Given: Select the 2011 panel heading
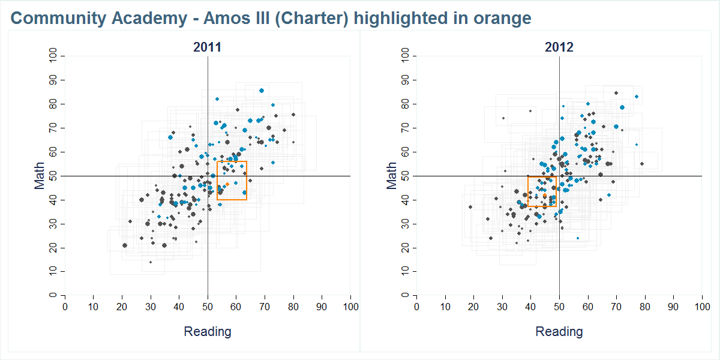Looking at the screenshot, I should click(208, 47).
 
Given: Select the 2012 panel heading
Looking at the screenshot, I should click(559, 47).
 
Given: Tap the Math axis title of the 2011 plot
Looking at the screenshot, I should click(40, 175).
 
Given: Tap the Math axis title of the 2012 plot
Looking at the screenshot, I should click(392, 175).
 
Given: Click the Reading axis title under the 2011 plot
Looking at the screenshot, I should click(208, 331).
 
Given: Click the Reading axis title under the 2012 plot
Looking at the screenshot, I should click(559, 331).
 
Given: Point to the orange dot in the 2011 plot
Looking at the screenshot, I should click(227, 184).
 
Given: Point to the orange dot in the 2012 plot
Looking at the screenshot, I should click(545, 196).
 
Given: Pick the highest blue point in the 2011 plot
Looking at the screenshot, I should click(262, 91).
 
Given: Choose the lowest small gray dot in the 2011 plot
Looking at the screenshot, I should click(151, 262).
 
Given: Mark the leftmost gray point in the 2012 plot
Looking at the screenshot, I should click(470, 207).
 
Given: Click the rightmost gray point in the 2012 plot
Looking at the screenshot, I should click(641, 164).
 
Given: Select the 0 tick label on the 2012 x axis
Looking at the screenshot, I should click(416, 307).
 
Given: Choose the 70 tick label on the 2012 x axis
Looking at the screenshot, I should click(616, 307).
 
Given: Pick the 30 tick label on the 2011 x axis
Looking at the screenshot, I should click(151, 307).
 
